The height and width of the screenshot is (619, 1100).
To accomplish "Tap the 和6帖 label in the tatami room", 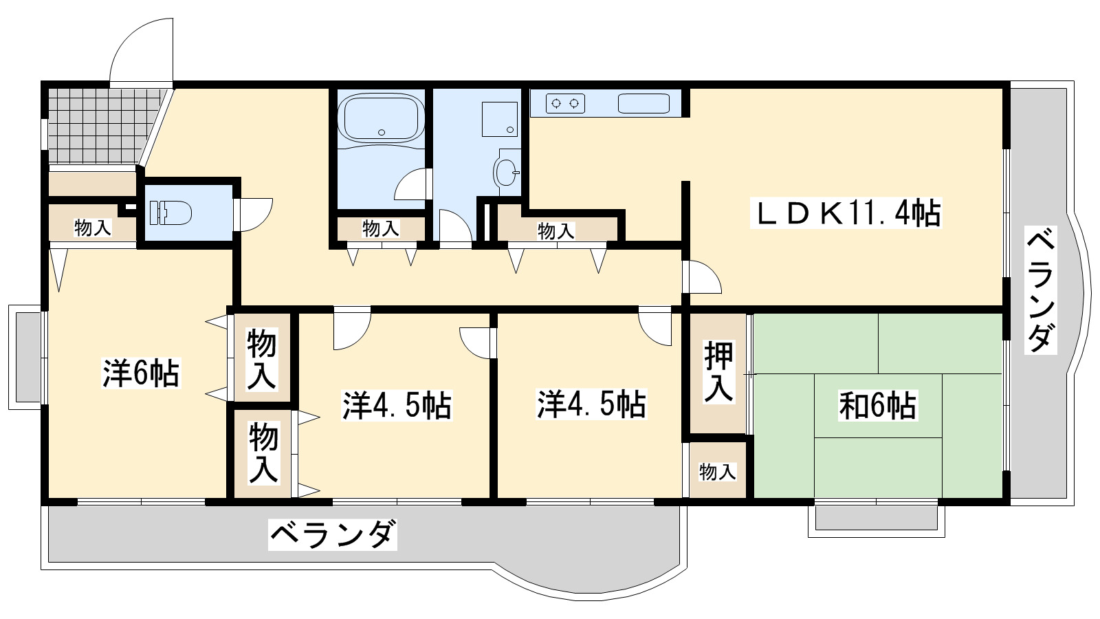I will click(877, 406).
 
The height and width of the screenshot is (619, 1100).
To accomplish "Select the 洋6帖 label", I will click(141, 373).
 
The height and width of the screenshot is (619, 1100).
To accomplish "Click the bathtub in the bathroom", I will click(382, 118).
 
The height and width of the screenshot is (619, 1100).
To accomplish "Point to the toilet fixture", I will click(170, 212).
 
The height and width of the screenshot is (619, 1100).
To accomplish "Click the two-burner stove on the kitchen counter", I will click(565, 104).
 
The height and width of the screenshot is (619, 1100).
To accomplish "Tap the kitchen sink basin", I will click(643, 104).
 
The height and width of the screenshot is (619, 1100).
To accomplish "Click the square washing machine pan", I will click(500, 119).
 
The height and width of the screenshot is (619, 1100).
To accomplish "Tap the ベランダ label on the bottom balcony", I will click(333, 534).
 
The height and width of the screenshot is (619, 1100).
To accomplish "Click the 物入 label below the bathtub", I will click(381, 228).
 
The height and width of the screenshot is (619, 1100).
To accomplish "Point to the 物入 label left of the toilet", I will click(92, 228).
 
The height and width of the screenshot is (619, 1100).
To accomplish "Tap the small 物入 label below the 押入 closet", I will click(717, 472).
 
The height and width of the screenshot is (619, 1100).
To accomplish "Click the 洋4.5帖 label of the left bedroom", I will click(397, 406).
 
